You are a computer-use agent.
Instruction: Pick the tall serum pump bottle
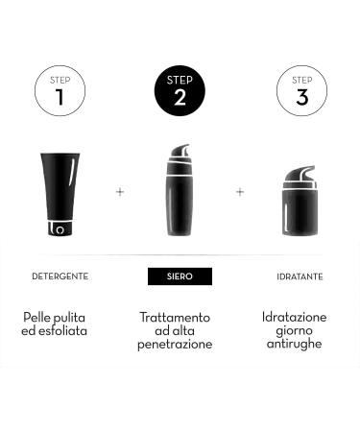click(x=180, y=197)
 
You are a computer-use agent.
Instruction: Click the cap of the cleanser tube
click(x=59, y=229)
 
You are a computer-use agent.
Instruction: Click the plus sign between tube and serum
click(x=120, y=192)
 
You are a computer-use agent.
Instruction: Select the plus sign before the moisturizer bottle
click(x=240, y=192)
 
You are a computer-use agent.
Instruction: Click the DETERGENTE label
click(x=60, y=276)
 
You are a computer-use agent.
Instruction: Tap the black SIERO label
click(x=180, y=276)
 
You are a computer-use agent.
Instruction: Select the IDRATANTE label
click(x=300, y=276)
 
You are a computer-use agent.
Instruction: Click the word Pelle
click(x=37, y=317)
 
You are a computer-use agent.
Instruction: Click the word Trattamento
click(x=175, y=317)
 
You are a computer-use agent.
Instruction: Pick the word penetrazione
click(x=175, y=344)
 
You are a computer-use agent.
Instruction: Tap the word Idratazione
click(x=295, y=317)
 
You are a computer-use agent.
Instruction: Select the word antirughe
click(x=295, y=344)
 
